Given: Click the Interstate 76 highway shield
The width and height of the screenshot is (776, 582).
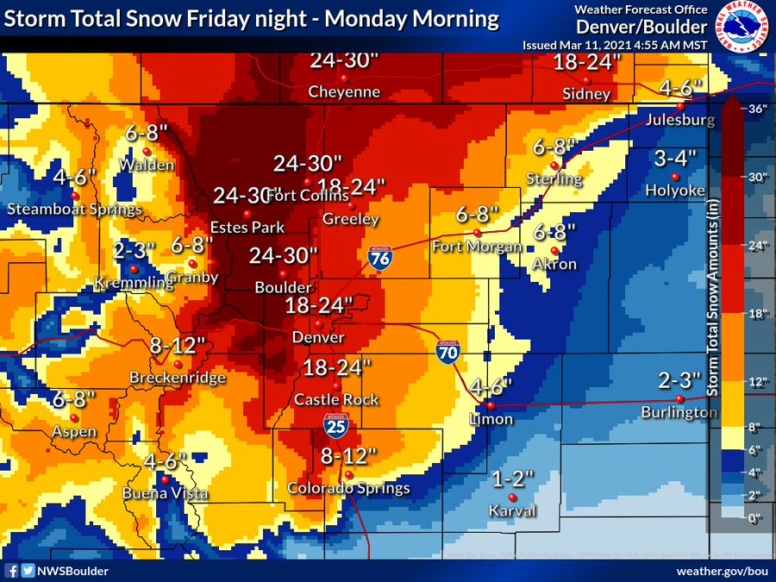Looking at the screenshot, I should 377,259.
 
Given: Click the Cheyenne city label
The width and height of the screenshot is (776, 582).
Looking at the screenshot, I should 345,92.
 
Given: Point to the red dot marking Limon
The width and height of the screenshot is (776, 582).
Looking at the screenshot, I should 490,404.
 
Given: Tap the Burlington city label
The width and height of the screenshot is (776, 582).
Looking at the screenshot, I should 679,413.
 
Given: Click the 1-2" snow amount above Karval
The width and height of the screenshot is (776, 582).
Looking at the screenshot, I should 513,478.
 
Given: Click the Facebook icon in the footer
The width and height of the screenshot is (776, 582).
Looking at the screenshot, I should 12,570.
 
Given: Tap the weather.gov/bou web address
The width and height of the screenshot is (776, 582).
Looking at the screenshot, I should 723,571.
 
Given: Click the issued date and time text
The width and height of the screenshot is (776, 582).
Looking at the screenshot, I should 614,44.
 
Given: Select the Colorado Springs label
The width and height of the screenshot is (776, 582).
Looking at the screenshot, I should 348,489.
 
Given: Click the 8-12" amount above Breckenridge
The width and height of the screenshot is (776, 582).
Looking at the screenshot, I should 178,346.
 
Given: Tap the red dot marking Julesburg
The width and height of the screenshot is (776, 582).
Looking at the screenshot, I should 680,106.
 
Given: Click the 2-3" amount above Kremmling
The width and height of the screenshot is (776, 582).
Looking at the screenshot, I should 134,250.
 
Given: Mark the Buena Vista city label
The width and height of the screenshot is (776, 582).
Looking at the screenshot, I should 165,494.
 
